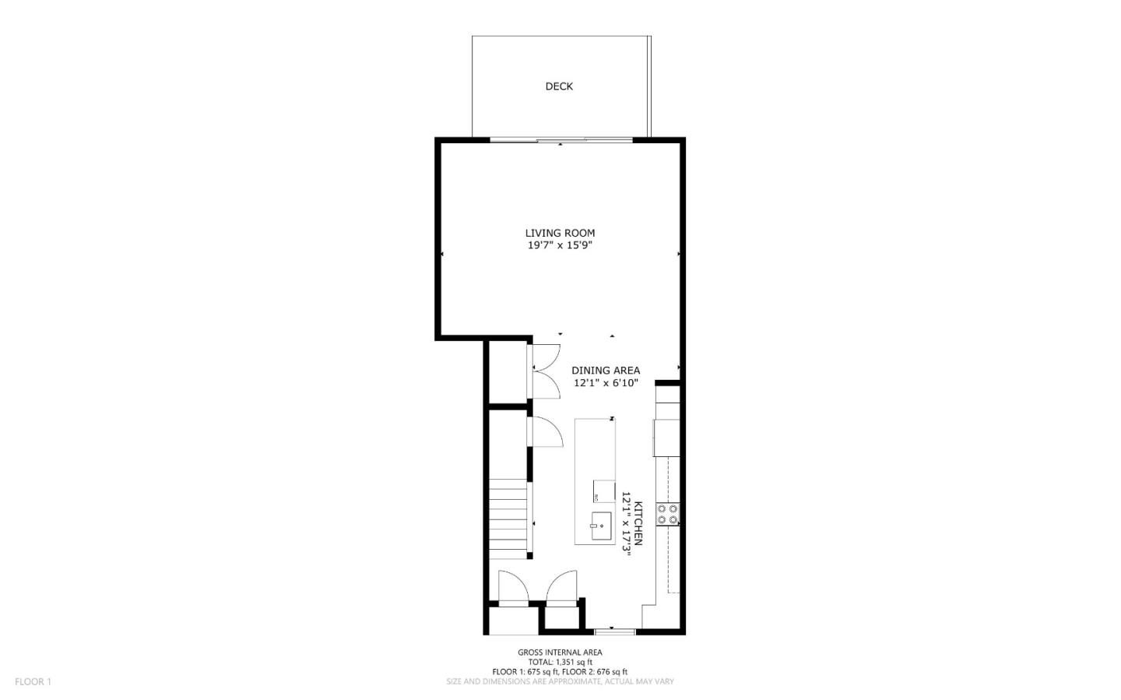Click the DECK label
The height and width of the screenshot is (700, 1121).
coord(559,86)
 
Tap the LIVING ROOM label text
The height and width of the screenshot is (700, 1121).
coord(560,233)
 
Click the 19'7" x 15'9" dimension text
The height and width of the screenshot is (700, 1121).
coord(560,245)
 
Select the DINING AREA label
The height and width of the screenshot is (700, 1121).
coord(606,371)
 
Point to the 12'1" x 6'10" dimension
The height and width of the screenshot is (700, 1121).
coord(606,383)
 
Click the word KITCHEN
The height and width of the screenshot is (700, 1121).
coord(638,523)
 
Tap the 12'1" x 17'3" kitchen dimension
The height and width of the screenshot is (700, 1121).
coord(626,522)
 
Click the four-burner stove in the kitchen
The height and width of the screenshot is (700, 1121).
coord(668,515)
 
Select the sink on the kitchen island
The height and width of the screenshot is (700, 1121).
coord(601,526)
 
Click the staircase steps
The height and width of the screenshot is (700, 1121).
coord(508,519)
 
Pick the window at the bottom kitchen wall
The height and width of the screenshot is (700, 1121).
coord(614,632)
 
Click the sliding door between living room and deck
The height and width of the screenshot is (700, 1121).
coord(561,139)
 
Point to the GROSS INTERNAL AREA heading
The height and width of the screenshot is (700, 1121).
coord(560,653)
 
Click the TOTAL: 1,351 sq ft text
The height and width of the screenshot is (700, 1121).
coord(560,663)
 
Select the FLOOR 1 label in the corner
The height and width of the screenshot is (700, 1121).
coord(33,681)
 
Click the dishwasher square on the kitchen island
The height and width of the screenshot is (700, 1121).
coord(604,491)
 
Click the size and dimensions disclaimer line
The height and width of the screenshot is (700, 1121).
coord(560,681)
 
